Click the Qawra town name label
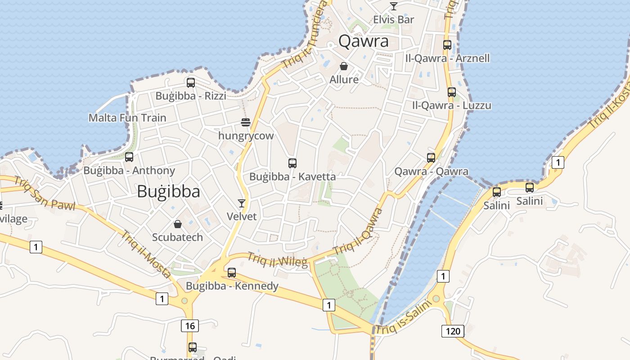[363, 41]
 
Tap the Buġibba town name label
[168, 192]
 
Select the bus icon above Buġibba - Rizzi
[191, 83]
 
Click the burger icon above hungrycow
[246, 122]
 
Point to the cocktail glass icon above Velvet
[242, 203]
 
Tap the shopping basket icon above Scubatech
[178, 224]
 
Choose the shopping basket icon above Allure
[344, 67]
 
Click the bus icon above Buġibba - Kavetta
[292, 163]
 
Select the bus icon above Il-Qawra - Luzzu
[452, 92]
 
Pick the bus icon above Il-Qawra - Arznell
[447, 45]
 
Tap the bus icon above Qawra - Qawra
[431, 158]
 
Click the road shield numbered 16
[190, 325]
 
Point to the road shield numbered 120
[453, 331]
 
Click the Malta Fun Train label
[127, 118]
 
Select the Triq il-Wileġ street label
[277, 260]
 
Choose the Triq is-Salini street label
[404, 318]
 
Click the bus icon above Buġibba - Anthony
[129, 157]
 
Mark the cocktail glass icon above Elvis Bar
[394, 6]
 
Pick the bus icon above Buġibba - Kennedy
[232, 273]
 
